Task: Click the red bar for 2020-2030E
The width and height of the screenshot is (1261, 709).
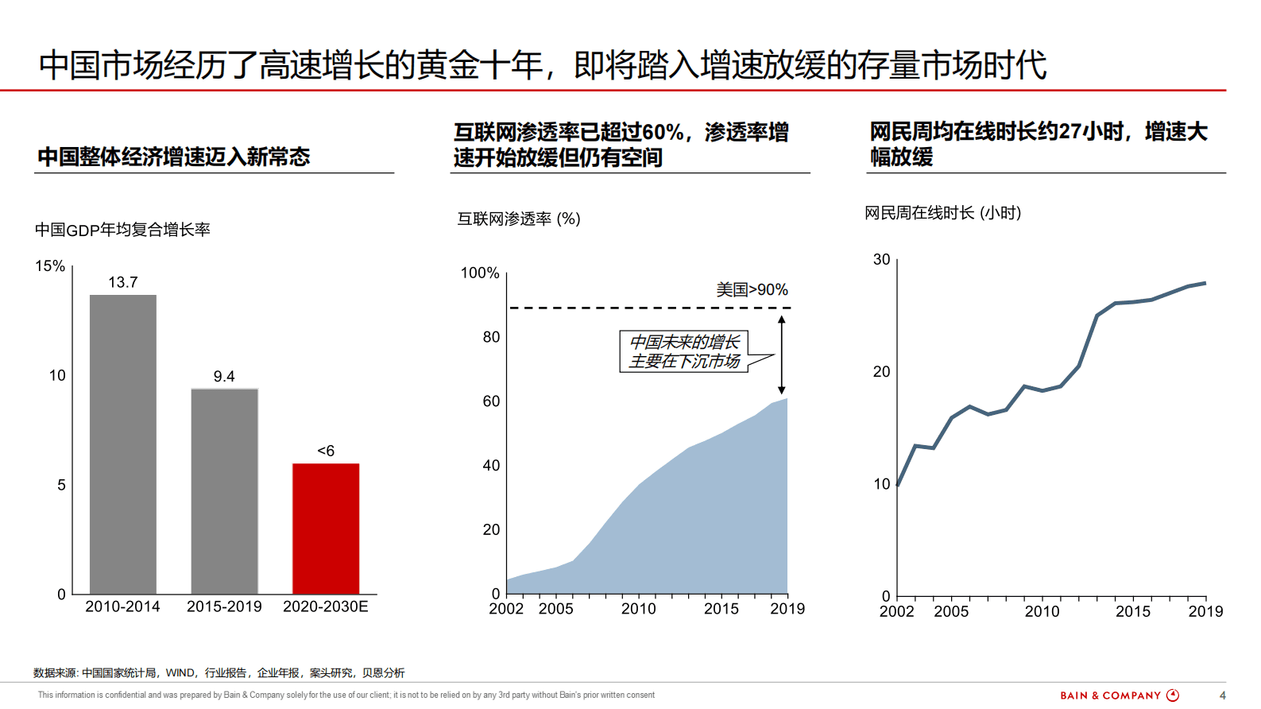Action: pyautogui.click(x=326, y=529)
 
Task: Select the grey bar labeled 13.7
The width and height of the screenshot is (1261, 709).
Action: pyautogui.click(x=123, y=444)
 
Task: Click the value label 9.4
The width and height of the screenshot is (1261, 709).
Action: pyautogui.click(x=224, y=377)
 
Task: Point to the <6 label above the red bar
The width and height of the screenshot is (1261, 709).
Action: pyautogui.click(x=326, y=451)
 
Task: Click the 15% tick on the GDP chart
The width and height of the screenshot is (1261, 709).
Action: pyautogui.click(x=50, y=266)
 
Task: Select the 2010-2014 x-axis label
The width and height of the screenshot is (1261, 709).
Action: pyautogui.click(x=122, y=606)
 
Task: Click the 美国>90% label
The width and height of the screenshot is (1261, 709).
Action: pyautogui.click(x=752, y=290)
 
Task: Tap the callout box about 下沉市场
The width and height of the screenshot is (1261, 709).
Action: pyautogui.click(x=684, y=351)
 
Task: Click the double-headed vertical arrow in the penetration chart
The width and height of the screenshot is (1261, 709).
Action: pyautogui.click(x=781, y=354)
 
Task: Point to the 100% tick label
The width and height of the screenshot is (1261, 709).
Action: pyautogui.click(x=480, y=273)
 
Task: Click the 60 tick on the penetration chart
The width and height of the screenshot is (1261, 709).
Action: pyautogui.click(x=491, y=401)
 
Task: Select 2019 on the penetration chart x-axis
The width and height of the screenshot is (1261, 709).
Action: pyautogui.click(x=787, y=609)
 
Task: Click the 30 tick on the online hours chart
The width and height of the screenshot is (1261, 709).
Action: pyautogui.click(x=881, y=260)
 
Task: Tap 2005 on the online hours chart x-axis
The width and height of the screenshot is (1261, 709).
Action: pyautogui.click(x=951, y=611)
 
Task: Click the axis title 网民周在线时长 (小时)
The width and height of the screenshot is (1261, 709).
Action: pyautogui.click(x=942, y=213)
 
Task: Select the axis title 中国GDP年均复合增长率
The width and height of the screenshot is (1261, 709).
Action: pyautogui.click(x=122, y=230)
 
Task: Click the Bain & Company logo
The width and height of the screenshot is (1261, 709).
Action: pyautogui.click(x=1119, y=695)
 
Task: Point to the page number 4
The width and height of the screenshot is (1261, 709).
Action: pyautogui.click(x=1222, y=695)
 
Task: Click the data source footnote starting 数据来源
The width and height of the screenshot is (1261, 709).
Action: pyautogui.click(x=219, y=673)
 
